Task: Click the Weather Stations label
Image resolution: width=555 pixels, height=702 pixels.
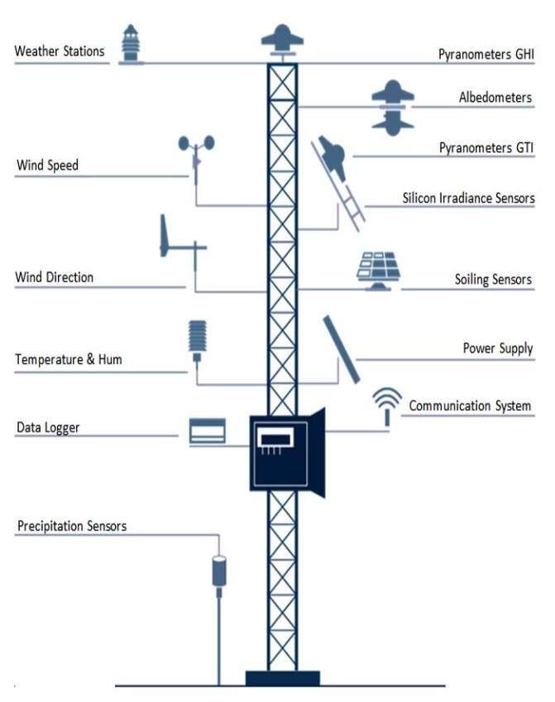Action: pos(60,51)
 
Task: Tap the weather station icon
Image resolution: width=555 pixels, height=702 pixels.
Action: pos(131,45)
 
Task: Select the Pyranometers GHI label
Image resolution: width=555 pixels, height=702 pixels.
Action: pos(486,55)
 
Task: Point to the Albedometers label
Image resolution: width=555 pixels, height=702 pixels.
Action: pos(495,98)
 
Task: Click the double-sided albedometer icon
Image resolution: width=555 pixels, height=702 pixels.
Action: pos(391,105)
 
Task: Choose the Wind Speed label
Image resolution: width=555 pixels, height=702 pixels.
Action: pos(47,166)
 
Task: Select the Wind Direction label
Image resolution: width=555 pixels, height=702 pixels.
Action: pos(55,277)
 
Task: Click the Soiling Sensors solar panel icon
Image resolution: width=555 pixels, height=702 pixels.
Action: pos(380,269)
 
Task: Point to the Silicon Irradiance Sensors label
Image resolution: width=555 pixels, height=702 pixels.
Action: pos(468,198)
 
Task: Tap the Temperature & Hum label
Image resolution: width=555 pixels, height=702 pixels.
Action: pos(75,361)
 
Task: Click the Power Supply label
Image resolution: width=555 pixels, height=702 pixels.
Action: pos(497,349)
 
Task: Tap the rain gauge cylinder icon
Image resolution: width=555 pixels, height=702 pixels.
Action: pos(219,571)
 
